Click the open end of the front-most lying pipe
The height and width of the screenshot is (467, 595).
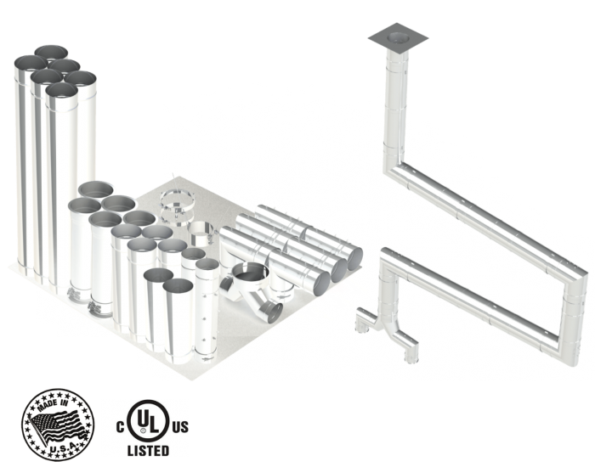[x=317, y=281]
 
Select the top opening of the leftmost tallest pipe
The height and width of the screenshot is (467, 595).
[x=28, y=63]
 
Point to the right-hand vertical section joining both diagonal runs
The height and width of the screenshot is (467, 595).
[x=578, y=280]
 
